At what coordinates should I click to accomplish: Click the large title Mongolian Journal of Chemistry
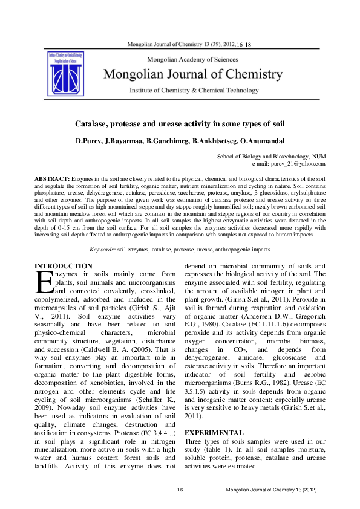pyautogui.click(x=193, y=74)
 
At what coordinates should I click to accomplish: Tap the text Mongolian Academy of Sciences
pyautogui.click(x=193, y=60)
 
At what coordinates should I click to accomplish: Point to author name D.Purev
pyautogui.click(x=88, y=141)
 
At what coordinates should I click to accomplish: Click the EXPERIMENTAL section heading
pyautogui.click(x=214, y=433)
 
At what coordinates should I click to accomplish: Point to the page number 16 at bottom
pyautogui.click(x=180, y=488)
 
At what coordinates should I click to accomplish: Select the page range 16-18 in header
pyautogui.click(x=244, y=45)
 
